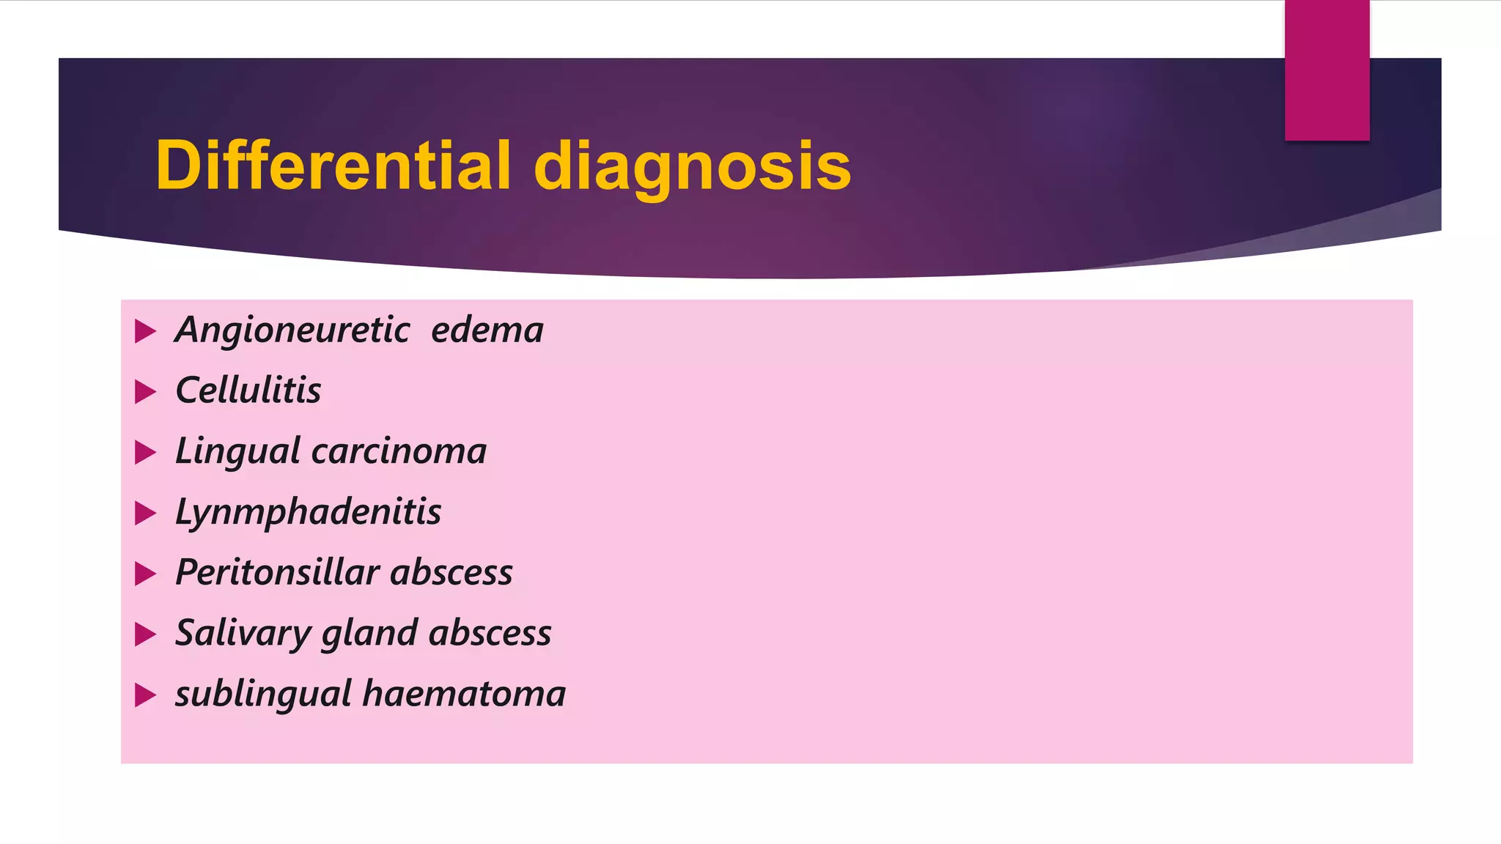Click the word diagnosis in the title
tap(692, 167)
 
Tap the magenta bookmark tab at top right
tap(1327, 70)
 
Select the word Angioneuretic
tap(292, 330)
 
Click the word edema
tap(487, 330)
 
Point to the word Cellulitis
tap(248, 390)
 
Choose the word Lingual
tap(237, 451)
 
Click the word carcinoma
tap(399, 451)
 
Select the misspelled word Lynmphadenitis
tap(309, 512)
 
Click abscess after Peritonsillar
tap(451, 572)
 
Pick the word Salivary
tap(243, 634)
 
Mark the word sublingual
tap(263, 695)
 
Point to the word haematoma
tap(464, 694)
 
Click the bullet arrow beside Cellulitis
tap(146, 392)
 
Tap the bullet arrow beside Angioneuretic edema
tap(146, 331)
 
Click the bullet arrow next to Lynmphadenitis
tap(146, 513)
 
